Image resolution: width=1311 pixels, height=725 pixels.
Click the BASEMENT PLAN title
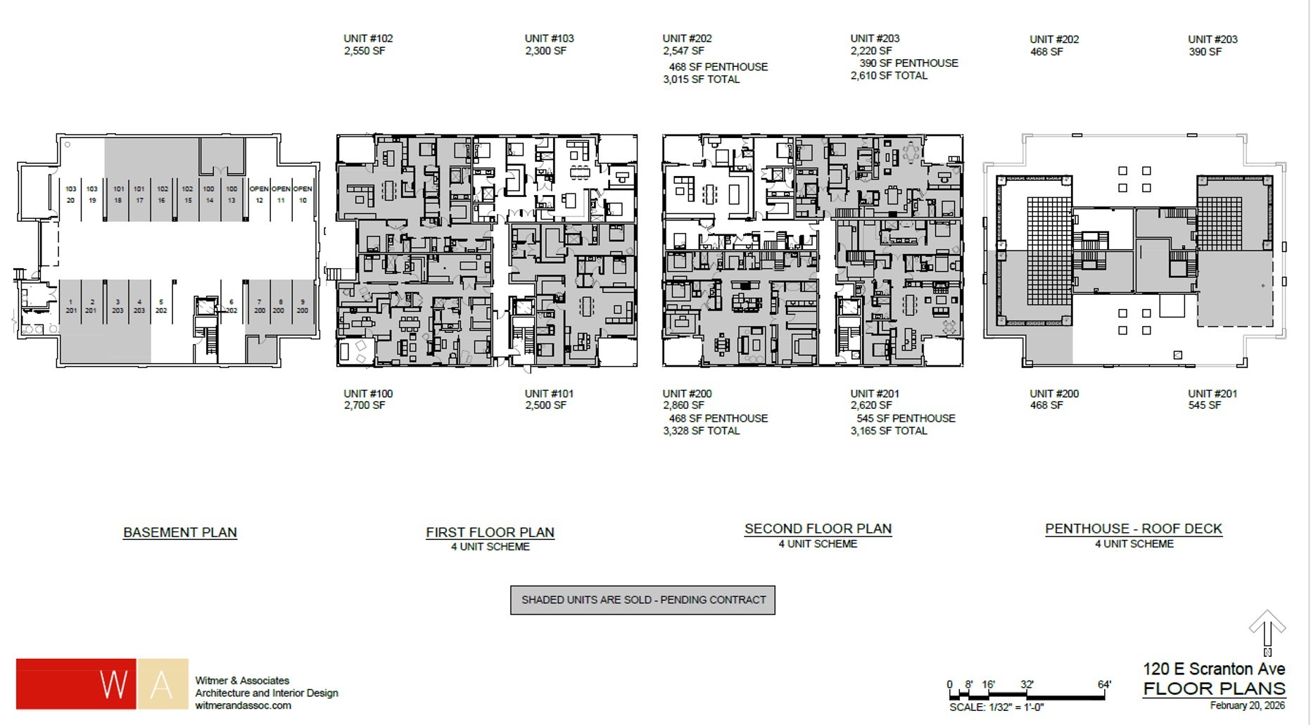coord(180,533)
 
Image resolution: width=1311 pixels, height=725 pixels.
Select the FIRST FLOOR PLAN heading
coord(490,533)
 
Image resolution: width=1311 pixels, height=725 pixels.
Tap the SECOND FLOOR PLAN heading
coord(818,529)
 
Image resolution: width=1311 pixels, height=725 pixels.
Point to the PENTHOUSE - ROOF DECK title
coord(1133,529)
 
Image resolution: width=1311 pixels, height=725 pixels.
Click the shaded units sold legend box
coord(642,600)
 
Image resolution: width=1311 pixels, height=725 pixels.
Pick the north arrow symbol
coord(1267,630)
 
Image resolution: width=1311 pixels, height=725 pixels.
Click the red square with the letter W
coord(76,683)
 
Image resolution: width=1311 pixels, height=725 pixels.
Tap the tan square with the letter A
coord(163,683)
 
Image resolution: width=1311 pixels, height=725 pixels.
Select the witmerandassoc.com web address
coord(243,705)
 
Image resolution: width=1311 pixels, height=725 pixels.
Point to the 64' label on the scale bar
coord(1103,684)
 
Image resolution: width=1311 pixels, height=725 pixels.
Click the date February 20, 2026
coord(1247,705)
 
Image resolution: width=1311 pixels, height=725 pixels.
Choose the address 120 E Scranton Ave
coord(1214,669)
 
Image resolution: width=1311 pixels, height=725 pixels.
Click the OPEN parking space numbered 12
coord(259,195)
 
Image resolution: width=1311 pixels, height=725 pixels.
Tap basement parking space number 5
coord(161,306)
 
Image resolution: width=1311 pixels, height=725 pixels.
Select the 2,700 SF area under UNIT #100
coord(364,405)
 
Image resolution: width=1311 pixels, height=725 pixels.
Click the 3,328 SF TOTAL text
coord(701,431)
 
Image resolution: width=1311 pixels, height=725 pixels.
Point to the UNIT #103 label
coord(549,39)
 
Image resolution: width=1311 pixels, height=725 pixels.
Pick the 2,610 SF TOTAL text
coord(889,76)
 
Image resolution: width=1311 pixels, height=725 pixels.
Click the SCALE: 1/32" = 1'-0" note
coord(996,707)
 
